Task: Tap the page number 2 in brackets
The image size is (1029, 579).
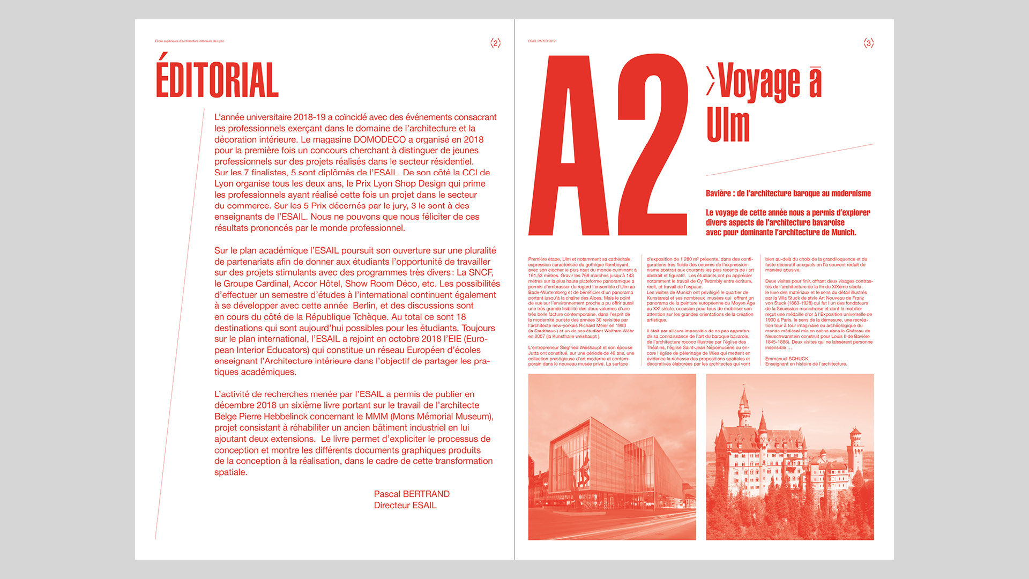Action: point(495,43)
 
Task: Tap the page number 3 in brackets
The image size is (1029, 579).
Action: point(868,43)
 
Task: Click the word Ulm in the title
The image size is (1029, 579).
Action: point(728,125)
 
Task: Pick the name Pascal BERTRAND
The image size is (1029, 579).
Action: point(412,494)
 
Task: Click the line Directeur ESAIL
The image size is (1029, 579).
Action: point(405,505)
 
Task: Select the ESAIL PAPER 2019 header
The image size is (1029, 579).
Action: point(542,41)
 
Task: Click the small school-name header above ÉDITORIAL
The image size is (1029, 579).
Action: point(189,41)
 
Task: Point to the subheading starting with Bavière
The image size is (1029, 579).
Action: point(788,194)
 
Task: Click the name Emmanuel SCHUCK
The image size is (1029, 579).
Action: point(787,359)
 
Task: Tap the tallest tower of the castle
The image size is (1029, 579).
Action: point(744,407)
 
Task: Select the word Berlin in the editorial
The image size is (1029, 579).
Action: point(364,306)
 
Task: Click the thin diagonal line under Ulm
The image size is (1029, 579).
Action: point(790,159)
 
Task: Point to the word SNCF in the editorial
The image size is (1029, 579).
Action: point(481,272)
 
